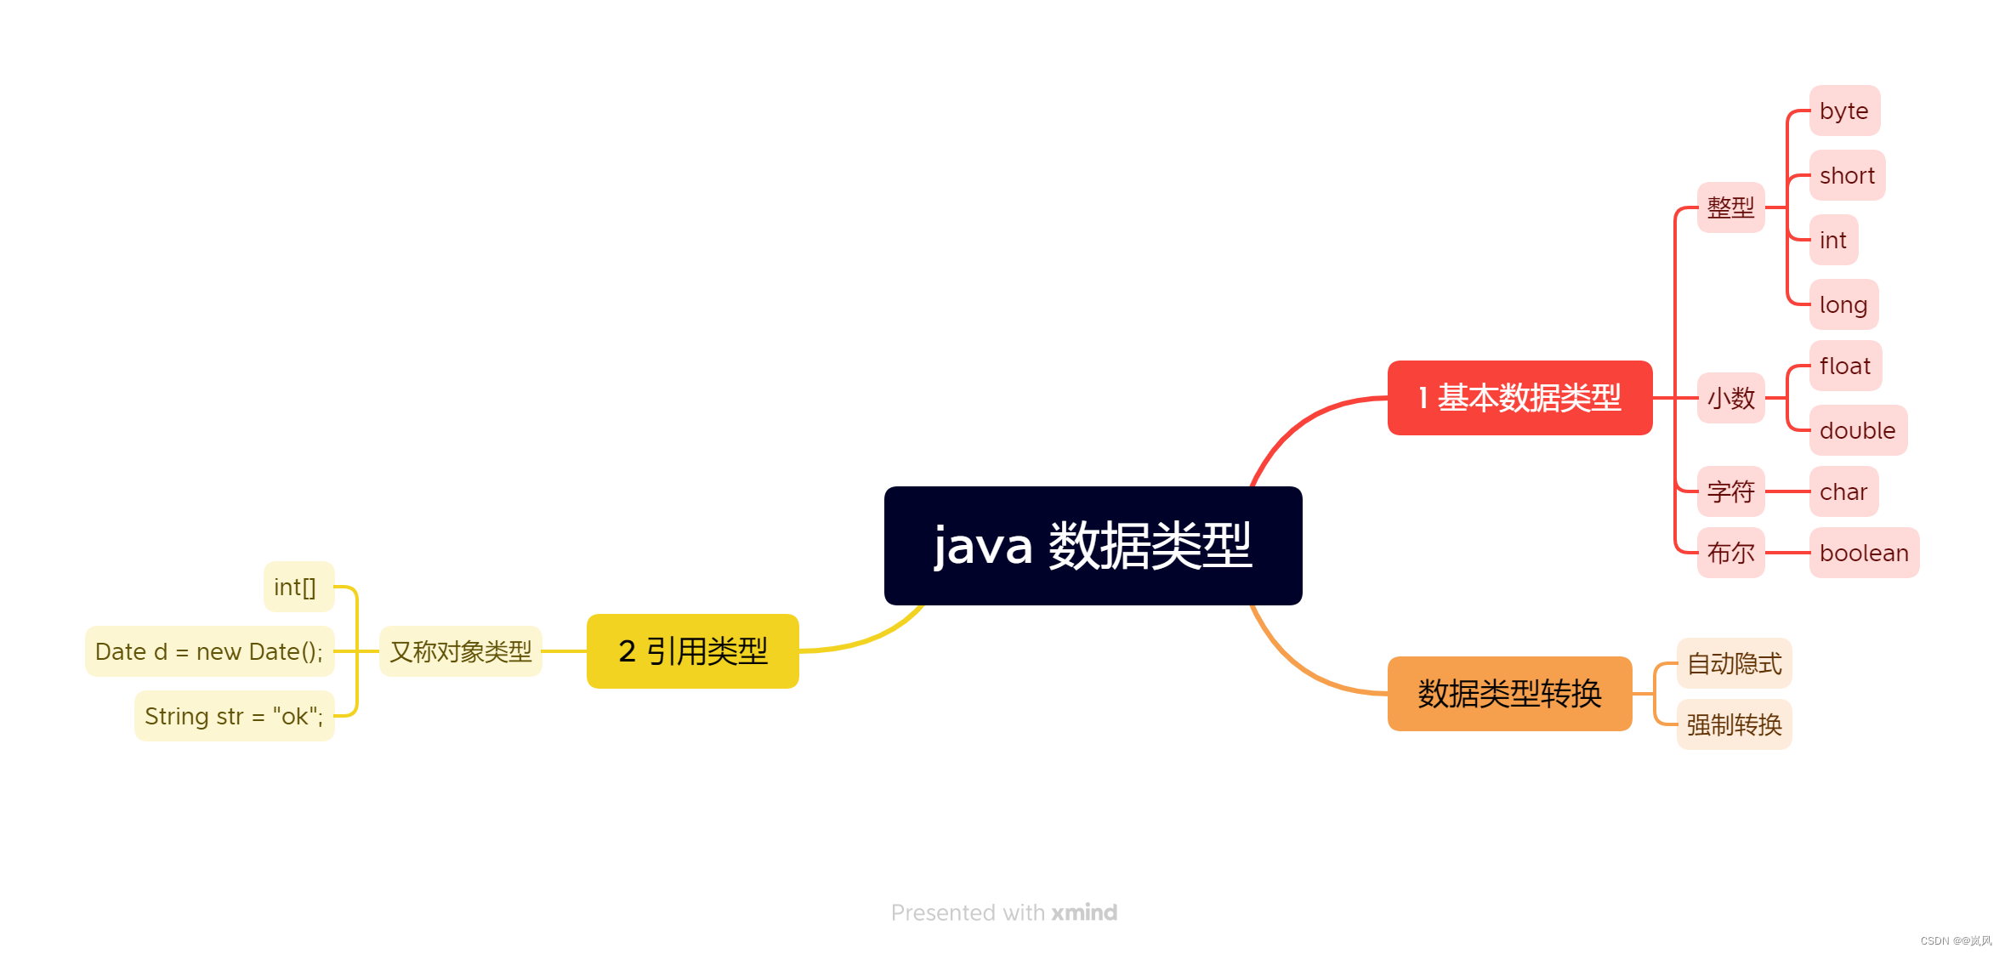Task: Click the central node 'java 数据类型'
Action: click(x=1093, y=545)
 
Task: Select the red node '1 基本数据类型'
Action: click(x=1519, y=398)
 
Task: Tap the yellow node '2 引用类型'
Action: click(x=692, y=651)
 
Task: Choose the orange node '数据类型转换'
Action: click(x=1509, y=694)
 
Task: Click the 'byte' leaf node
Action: click(x=1843, y=111)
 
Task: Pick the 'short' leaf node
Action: click(x=1847, y=175)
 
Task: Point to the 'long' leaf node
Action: click(x=1843, y=304)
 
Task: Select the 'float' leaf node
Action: click(x=1844, y=366)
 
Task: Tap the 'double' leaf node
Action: click(x=1857, y=430)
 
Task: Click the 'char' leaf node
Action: click(x=1843, y=491)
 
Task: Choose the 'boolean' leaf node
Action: click(x=1863, y=553)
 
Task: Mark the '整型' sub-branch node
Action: click(x=1730, y=207)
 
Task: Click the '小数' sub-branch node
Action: click(x=1730, y=398)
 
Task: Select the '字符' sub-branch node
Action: click(x=1730, y=491)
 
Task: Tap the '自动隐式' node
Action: click(x=1734, y=663)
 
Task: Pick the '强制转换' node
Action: click(x=1734, y=724)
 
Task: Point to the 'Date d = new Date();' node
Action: click(x=209, y=651)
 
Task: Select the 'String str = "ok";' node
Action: click(x=234, y=716)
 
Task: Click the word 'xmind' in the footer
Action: click(x=1084, y=912)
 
